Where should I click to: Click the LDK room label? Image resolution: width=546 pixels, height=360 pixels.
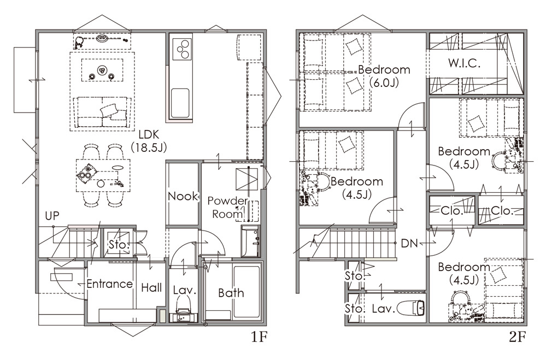point(149,141)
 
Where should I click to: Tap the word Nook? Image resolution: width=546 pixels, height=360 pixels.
point(183,196)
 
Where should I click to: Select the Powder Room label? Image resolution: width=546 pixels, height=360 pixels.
point(227,208)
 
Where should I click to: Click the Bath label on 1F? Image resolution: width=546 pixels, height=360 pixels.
point(231,293)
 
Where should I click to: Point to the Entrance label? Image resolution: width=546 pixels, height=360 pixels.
point(110,284)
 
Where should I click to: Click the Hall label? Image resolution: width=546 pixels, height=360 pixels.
point(151,287)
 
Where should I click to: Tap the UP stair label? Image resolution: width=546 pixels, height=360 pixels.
point(52,216)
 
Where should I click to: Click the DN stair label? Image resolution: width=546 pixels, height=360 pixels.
point(409,243)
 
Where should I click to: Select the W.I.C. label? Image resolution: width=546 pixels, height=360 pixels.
point(464,63)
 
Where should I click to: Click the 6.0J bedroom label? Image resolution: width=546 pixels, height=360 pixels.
point(384,75)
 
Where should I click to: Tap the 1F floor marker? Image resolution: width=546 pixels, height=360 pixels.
point(259,338)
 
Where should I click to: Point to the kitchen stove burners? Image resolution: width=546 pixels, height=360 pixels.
point(183,49)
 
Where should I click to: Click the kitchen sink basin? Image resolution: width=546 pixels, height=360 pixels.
point(180,103)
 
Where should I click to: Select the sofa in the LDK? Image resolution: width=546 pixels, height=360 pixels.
point(102,112)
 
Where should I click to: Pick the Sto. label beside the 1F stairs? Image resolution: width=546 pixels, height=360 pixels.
point(119,244)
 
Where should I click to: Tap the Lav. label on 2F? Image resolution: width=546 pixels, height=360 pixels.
point(383,309)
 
